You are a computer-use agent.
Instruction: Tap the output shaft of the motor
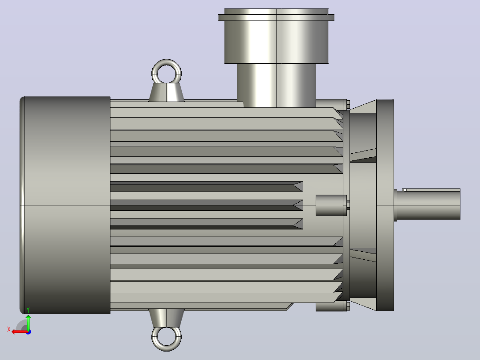pos(428,204)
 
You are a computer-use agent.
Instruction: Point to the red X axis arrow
pos(19,332)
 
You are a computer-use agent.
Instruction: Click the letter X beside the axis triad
pos(9,329)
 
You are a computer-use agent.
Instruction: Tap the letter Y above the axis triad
pos(28,310)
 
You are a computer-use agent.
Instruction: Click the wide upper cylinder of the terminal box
pos(277,42)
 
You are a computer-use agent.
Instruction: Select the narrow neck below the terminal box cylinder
pos(277,85)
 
